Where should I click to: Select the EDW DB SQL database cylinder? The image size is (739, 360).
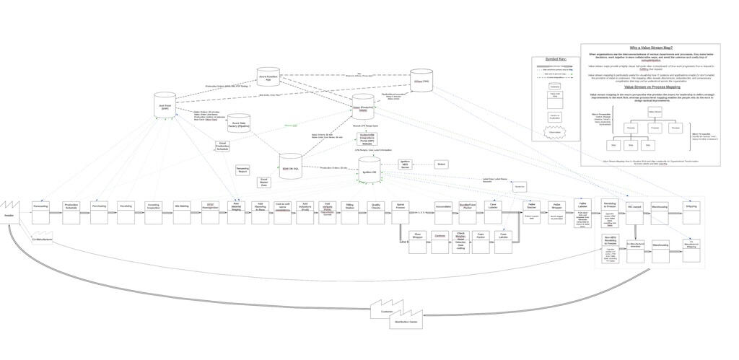(x=291, y=167)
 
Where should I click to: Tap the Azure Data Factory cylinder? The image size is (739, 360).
(x=239, y=123)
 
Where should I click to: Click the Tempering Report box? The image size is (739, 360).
(x=242, y=170)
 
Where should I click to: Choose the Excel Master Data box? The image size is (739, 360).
(x=264, y=183)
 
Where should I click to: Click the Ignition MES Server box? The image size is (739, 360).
(x=405, y=164)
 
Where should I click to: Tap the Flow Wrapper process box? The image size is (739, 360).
(x=418, y=239)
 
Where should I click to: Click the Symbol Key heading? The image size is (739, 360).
(x=555, y=59)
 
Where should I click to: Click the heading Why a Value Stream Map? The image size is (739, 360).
(x=650, y=48)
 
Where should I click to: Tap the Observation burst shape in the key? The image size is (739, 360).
(x=554, y=132)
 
